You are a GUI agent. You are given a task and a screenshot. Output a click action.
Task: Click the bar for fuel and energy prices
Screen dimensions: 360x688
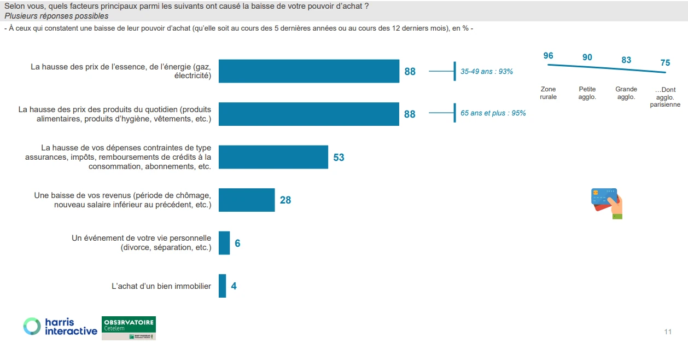point(309,71)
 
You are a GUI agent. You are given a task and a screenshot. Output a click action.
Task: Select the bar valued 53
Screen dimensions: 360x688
point(273,157)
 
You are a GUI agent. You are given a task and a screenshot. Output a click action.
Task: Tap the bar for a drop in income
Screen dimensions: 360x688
point(247,200)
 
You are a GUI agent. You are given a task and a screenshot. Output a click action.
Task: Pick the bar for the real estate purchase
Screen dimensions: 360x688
point(222,286)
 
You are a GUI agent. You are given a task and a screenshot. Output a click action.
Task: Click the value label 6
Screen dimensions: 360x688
point(237,243)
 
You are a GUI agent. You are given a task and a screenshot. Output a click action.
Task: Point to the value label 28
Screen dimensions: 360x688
point(285,200)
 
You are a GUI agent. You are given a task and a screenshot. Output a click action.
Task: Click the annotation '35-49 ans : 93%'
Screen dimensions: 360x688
point(487,72)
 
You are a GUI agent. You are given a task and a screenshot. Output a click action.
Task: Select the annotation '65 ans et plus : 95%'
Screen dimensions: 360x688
point(493,114)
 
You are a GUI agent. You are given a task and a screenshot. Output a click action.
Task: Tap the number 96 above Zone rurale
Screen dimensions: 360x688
point(549,56)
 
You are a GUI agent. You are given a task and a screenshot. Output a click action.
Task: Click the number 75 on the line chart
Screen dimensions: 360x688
point(665,63)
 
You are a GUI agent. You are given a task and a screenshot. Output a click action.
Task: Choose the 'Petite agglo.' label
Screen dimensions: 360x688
point(587,93)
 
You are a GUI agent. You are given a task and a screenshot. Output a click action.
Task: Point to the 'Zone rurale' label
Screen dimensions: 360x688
point(548,93)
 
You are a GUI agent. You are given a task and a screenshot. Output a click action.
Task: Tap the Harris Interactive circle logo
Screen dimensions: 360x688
point(32,326)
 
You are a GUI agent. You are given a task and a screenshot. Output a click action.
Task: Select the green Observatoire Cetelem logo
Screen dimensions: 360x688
point(129,328)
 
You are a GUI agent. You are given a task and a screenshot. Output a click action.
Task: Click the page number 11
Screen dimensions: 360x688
point(668,332)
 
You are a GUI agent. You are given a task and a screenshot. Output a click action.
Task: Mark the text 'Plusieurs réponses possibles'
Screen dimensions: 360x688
point(56,16)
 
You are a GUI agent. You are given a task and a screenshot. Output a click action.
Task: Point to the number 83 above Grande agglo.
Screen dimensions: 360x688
point(626,60)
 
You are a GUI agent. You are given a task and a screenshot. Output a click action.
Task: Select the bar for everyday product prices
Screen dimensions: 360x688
point(309,114)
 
